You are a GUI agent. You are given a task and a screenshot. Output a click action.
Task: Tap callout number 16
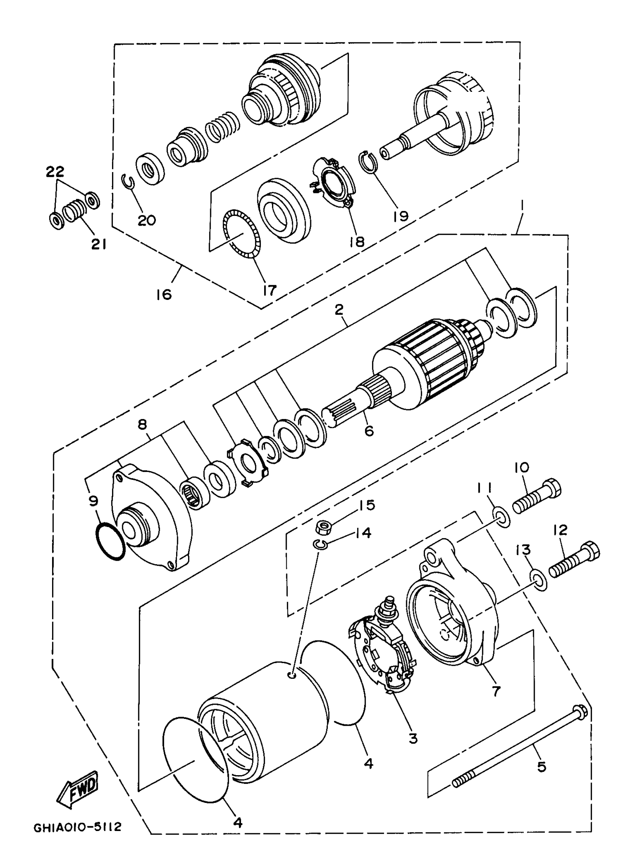point(163,295)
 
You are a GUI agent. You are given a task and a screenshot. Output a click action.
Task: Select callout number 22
point(55,171)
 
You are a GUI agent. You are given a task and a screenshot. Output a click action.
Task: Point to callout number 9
point(93,501)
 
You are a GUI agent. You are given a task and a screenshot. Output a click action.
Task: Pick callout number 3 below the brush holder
point(413,738)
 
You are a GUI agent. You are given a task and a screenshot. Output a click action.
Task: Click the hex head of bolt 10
point(552,488)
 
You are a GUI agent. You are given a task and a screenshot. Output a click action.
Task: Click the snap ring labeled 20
point(129,181)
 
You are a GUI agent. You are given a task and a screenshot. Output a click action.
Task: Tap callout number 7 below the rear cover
point(496,690)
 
